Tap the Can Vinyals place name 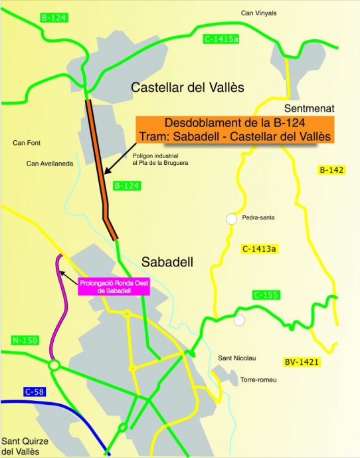[x=258, y=13]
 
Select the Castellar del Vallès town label [x=188, y=88]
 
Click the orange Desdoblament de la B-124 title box [x=235, y=129]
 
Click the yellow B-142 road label [x=331, y=170]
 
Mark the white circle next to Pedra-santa [x=231, y=218]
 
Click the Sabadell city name [x=167, y=261]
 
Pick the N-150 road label [x=25, y=341]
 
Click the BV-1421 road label [x=301, y=362]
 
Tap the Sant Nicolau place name [x=237, y=358]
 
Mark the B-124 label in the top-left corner [x=52, y=19]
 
